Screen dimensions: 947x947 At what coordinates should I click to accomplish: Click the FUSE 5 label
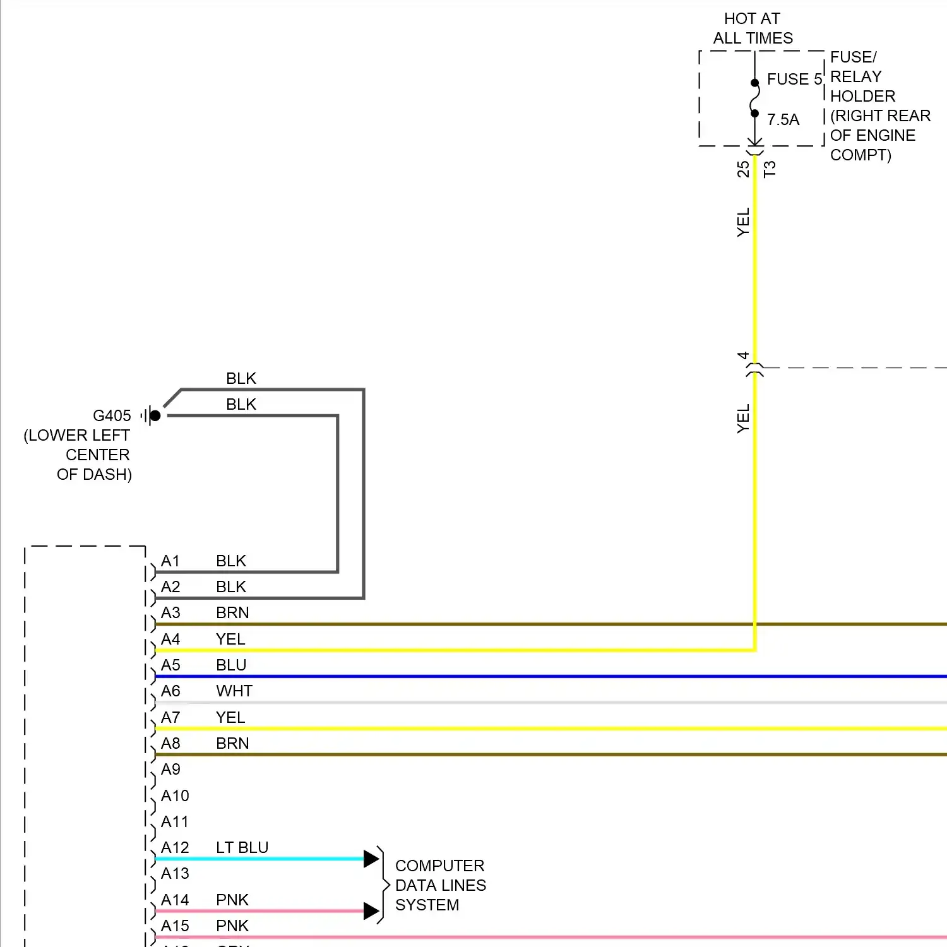(x=794, y=80)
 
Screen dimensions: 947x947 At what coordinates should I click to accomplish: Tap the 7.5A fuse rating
(x=783, y=119)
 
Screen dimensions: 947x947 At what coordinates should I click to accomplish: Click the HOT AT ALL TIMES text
(x=753, y=28)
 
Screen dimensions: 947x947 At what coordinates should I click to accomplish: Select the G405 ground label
(x=112, y=415)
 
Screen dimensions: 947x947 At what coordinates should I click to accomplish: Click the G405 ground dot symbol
(x=155, y=415)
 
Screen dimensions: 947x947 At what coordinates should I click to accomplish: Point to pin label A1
(x=170, y=561)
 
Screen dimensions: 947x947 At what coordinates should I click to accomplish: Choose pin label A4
(x=170, y=639)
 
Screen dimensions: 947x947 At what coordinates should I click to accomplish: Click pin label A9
(x=170, y=769)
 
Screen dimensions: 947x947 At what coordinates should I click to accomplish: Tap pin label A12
(x=175, y=847)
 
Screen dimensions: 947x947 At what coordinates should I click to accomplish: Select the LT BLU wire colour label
(x=242, y=847)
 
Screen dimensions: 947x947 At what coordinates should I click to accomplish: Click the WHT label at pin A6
(x=234, y=691)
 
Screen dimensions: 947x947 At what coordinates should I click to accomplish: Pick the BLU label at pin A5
(x=231, y=665)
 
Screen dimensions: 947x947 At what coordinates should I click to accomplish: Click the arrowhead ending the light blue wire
(x=371, y=859)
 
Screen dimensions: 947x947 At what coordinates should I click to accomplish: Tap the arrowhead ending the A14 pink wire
(x=371, y=911)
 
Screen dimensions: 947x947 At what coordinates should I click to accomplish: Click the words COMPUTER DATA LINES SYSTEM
(x=440, y=885)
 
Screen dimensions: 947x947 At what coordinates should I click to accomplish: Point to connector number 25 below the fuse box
(x=743, y=169)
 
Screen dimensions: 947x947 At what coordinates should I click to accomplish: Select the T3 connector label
(x=769, y=169)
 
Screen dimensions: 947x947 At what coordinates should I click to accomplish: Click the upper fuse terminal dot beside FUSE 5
(x=754, y=83)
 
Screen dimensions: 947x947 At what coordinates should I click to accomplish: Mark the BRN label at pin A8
(x=232, y=743)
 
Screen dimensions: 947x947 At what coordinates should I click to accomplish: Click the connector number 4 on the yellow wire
(x=743, y=356)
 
